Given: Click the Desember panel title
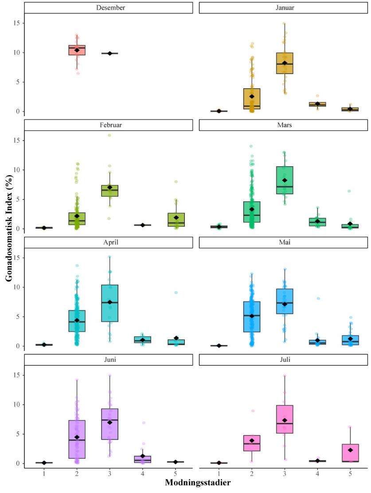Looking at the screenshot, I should click(x=109, y=8).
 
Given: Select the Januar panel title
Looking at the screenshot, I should click(x=284, y=8).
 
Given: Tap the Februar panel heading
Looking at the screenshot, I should click(x=109, y=125).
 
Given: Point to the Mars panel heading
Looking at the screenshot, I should click(x=284, y=125).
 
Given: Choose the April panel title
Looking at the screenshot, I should click(x=109, y=242).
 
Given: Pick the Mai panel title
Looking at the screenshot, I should click(x=284, y=242).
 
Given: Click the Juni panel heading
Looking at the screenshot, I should click(x=109, y=360).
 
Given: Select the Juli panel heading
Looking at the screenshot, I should click(x=284, y=360).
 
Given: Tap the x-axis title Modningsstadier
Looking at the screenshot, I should click(x=197, y=482).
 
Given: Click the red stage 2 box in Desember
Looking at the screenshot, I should click(x=77, y=50).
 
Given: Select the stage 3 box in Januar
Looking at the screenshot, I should click(x=285, y=63).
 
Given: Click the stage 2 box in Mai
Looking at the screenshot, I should click(x=252, y=317).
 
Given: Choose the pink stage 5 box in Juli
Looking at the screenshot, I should click(x=350, y=453).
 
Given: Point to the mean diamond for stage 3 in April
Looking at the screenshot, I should click(x=109, y=302).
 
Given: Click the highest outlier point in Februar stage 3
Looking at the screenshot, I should click(x=109, y=135).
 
